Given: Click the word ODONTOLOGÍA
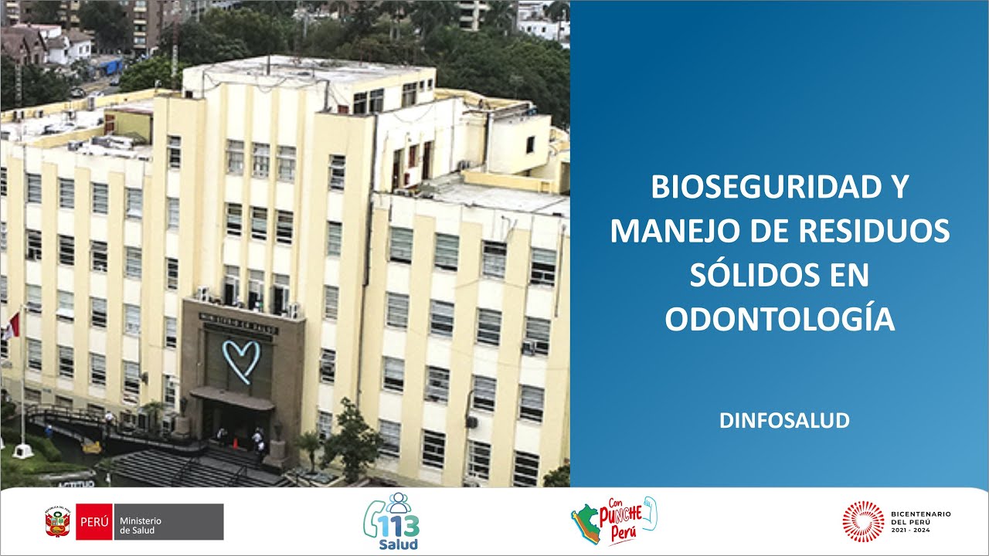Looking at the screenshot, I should coord(780,319).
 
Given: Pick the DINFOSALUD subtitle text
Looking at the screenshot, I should coord(784,421).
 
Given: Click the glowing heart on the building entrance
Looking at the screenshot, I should coord(241,361).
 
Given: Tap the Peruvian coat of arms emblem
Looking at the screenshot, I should coord(58,523).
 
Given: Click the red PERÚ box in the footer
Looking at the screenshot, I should coord(93,522).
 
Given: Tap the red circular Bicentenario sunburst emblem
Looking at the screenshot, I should coord(863,521).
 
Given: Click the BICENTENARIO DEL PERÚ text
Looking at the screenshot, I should coord(921,521).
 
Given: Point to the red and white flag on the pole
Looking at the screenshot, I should coord(10,327).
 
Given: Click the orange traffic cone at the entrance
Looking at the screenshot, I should coord(236,443).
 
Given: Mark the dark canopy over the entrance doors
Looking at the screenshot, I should coord(232,398).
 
